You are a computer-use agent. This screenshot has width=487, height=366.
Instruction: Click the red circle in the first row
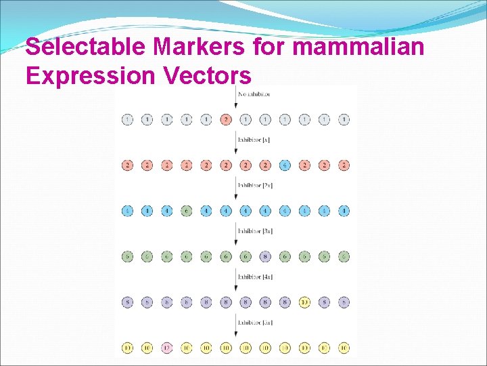coord(226,120)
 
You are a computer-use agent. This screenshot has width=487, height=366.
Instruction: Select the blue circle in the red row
coord(285,165)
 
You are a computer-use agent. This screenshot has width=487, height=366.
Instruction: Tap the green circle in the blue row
coord(187,211)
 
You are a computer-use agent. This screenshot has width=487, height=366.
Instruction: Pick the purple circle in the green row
coord(265,256)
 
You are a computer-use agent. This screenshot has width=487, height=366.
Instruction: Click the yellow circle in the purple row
coord(304,302)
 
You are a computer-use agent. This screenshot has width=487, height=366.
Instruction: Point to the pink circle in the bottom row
coord(167,348)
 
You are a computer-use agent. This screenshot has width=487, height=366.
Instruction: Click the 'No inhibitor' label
coord(254,94)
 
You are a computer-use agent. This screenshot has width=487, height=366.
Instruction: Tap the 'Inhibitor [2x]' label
coord(254,185)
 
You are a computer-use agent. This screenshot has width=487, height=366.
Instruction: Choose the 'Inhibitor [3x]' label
coord(254,230)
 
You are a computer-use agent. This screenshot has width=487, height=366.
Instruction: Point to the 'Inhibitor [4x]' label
coord(254,277)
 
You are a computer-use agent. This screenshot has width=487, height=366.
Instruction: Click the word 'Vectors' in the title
coord(206,76)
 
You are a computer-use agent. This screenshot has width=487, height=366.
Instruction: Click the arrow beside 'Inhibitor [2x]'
coord(235,189)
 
